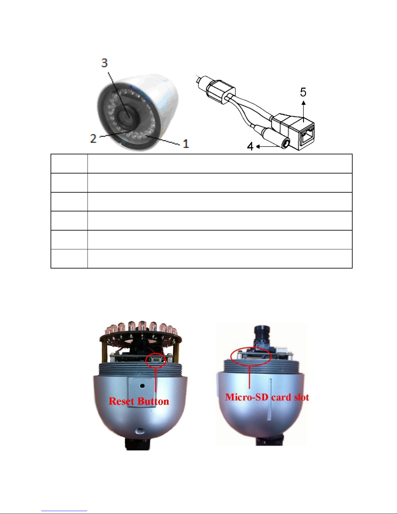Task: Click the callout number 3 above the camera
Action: coord(104,63)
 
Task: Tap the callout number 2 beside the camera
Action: coord(93,138)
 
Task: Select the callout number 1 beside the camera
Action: coord(186,143)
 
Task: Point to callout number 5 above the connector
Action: coord(303,92)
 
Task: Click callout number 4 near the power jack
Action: coord(250,147)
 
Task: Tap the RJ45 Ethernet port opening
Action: coord(307,138)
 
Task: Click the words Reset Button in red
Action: coord(139,401)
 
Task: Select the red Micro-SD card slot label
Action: coord(267,397)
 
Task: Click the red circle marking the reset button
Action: coord(156,360)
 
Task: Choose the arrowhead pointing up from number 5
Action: coord(303,102)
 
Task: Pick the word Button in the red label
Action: coord(153,401)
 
